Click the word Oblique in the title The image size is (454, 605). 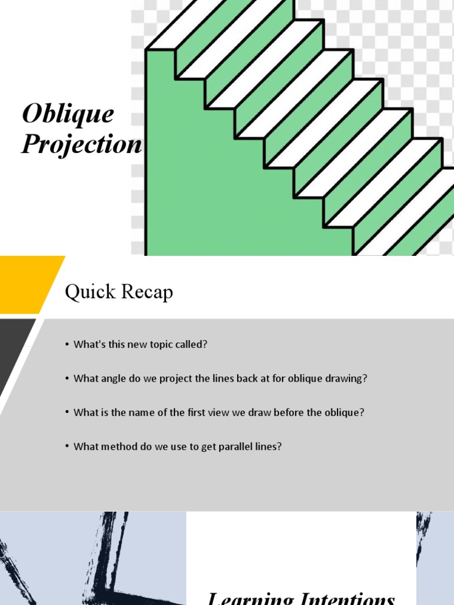(68, 114)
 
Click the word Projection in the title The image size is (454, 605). (82, 144)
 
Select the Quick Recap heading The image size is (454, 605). (119, 291)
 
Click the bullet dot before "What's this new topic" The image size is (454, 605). (68, 344)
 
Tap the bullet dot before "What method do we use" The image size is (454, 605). (68, 447)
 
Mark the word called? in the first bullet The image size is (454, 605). (191, 344)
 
